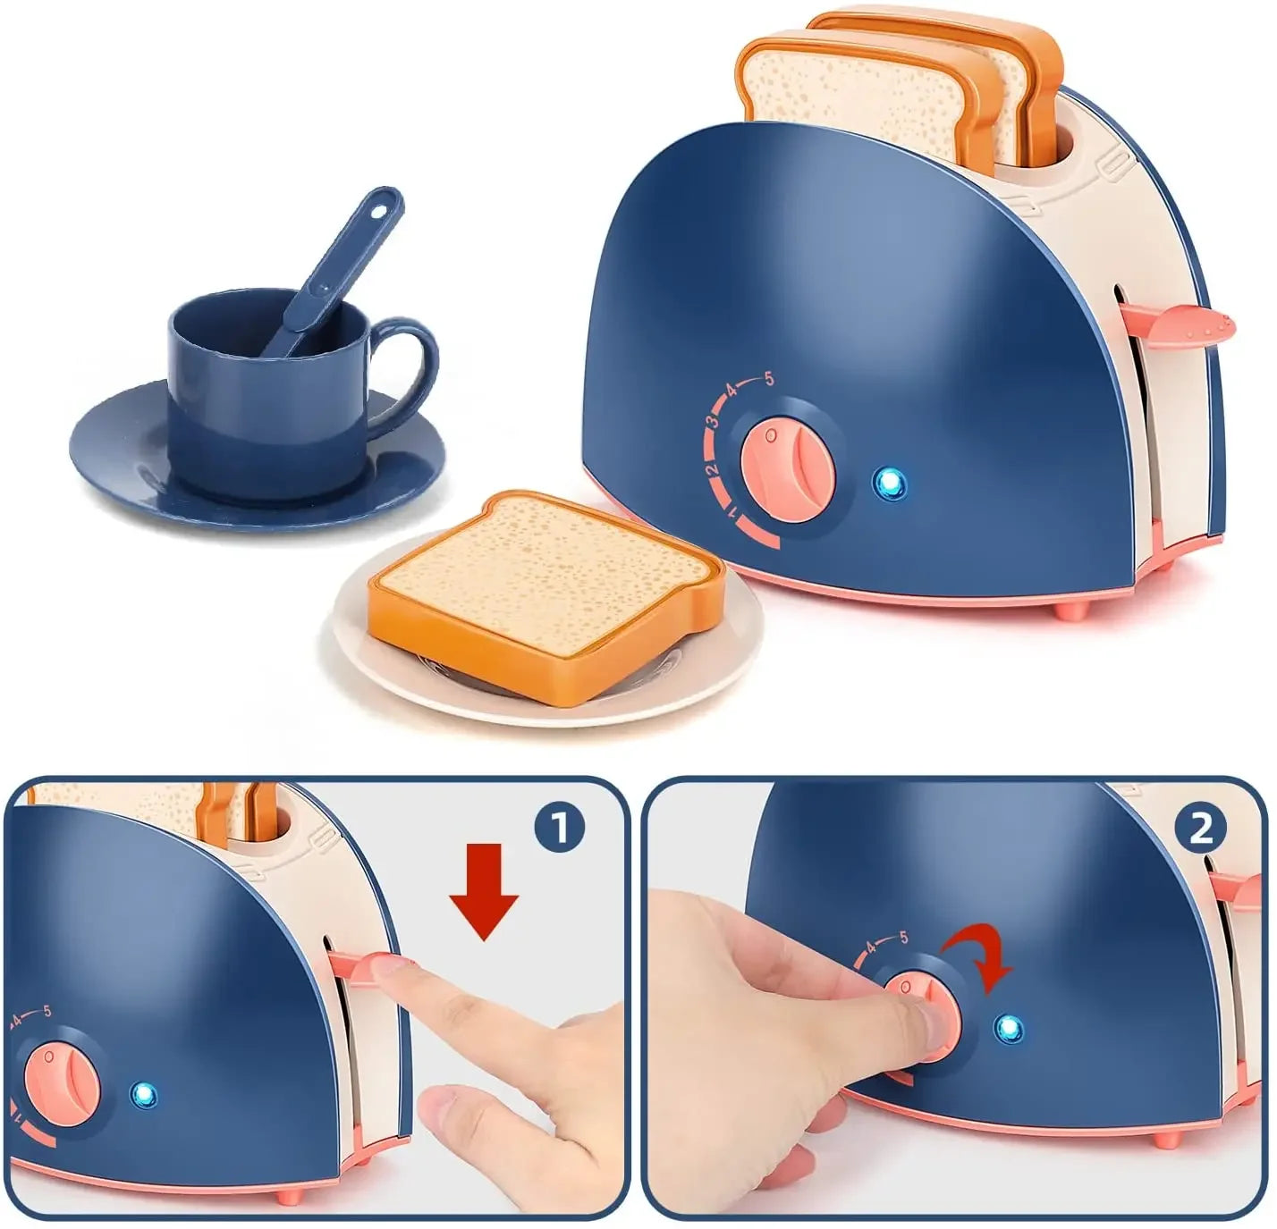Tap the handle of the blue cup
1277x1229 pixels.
[413, 367]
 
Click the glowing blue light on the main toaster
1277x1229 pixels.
[889, 484]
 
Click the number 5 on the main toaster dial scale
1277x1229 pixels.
[769, 380]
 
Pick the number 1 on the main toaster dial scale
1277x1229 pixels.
[733, 514]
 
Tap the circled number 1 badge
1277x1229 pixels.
[558, 829]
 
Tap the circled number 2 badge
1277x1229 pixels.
[1200, 829]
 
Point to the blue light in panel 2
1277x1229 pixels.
[1010, 1029]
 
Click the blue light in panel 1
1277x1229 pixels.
[143, 1092]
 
